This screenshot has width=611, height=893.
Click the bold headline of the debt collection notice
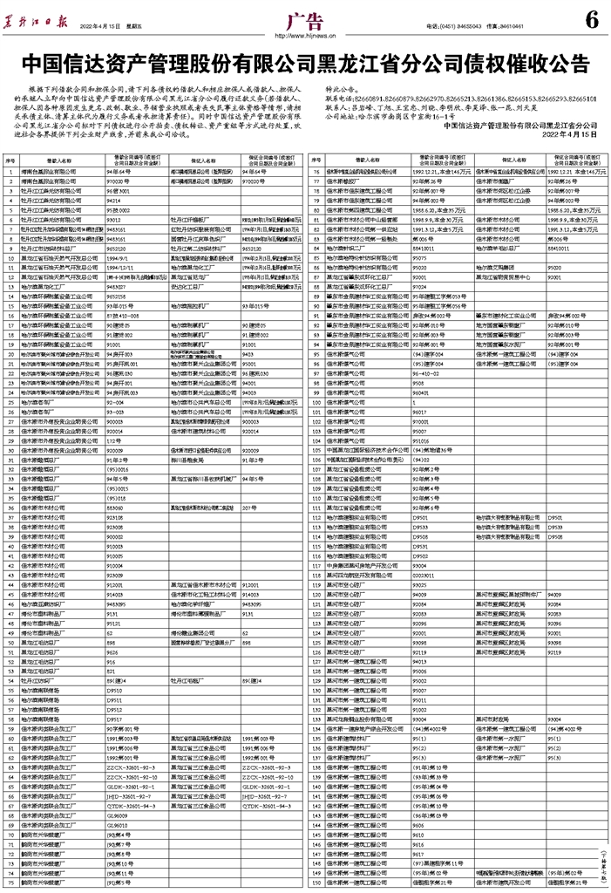305,66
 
